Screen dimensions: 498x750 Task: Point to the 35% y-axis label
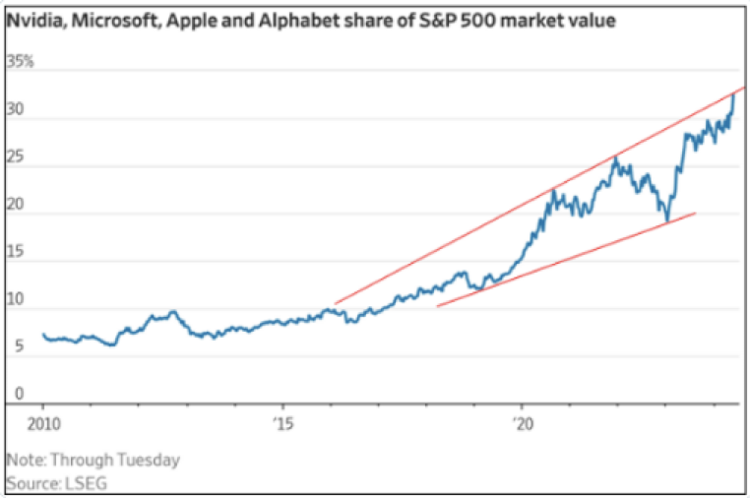[x=21, y=62]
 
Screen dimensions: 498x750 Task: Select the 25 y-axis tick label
[x=17, y=166]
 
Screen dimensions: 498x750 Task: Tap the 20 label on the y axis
[x=17, y=214]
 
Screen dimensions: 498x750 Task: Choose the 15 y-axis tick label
[x=17, y=262]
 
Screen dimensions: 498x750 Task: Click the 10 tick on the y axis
[x=17, y=309]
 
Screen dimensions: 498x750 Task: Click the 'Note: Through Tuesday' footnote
[x=79, y=459]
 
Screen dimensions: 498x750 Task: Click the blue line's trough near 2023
[x=667, y=220]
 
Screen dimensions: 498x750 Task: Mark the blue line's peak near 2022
[x=616, y=156]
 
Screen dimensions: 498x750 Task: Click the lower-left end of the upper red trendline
[x=336, y=303]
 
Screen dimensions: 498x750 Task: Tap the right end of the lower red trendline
[x=696, y=213]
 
